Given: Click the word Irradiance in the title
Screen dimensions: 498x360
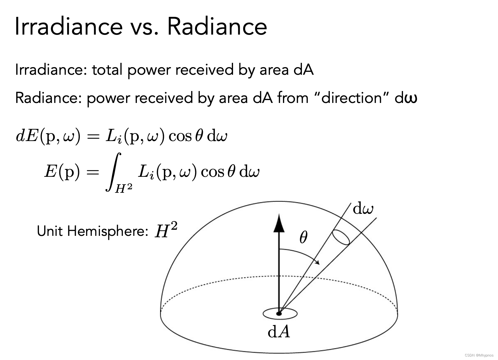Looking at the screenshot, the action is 69,26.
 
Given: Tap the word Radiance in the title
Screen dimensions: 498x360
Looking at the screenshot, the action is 217,26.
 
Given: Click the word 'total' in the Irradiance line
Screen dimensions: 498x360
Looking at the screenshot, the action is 107,70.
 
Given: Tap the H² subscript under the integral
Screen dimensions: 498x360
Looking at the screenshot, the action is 123,188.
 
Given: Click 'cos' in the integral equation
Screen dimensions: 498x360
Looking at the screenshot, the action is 212,172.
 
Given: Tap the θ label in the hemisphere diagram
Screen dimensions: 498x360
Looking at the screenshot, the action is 303,238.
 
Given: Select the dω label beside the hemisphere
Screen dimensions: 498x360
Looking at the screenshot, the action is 363,209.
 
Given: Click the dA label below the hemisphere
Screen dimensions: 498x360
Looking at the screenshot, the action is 279,332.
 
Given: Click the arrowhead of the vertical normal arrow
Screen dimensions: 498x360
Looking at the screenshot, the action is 279,223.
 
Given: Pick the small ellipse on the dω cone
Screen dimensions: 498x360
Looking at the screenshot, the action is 341,237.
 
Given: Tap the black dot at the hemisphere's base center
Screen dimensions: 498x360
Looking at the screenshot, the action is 279,313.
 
